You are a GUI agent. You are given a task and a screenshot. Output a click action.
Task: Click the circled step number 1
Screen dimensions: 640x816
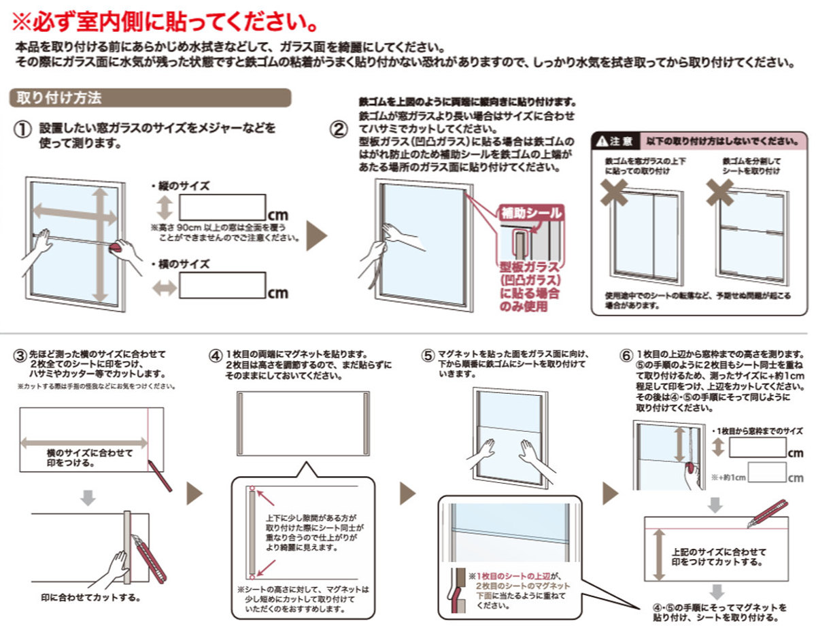tap(23, 129)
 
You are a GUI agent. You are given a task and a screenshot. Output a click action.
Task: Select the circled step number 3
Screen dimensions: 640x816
tap(20, 356)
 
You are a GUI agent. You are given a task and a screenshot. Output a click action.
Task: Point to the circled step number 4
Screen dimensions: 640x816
tap(216, 356)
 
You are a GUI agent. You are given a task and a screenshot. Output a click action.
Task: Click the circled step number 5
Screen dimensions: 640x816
tap(428, 356)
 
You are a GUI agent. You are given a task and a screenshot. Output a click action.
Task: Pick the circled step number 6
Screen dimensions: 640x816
tap(626, 356)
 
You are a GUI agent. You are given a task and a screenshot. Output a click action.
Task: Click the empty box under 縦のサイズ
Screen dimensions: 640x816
tap(222, 207)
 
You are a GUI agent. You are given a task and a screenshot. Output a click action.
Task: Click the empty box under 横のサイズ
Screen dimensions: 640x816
tap(222, 286)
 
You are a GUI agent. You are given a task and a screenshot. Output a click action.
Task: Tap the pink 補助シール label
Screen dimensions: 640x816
tap(531, 213)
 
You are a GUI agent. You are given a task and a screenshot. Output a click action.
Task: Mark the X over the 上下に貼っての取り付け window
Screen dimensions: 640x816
tap(615, 192)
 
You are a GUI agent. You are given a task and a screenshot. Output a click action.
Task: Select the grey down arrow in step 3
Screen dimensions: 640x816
tap(87, 498)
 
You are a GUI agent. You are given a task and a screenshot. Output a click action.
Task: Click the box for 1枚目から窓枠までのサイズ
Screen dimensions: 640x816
tap(758, 448)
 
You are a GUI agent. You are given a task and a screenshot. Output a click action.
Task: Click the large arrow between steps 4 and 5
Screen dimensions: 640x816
tap(407, 493)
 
